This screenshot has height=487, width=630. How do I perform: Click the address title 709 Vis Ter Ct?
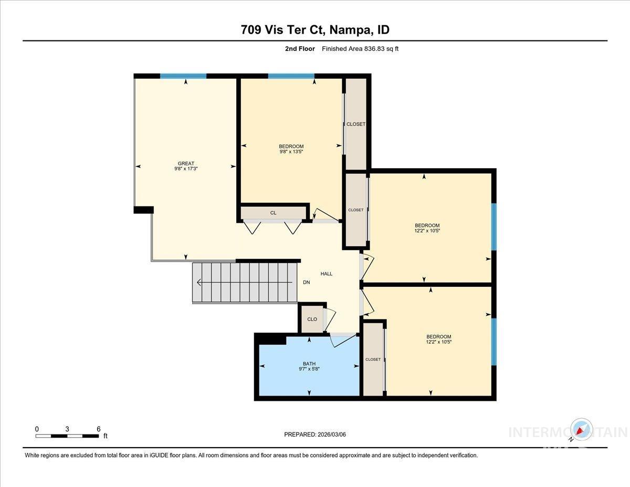[x=315, y=30]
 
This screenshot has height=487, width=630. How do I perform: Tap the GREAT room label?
[x=186, y=163]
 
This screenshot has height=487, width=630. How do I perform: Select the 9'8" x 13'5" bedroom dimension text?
[x=291, y=151]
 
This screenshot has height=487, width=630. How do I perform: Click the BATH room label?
[x=309, y=363]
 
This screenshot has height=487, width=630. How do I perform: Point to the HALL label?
[x=327, y=274]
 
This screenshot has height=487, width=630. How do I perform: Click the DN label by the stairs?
[x=307, y=283]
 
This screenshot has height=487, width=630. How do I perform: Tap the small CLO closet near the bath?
[x=312, y=319]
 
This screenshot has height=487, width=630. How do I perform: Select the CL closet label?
[x=273, y=213]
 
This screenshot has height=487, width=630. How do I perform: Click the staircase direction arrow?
[x=199, y=283]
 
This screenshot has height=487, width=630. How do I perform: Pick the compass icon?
[x=581, y=430]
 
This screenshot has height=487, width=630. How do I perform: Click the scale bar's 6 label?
[x=98, y=429]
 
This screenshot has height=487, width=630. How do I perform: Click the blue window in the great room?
[x=183, y=76]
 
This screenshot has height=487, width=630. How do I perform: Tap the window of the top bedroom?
[x=291, y=76]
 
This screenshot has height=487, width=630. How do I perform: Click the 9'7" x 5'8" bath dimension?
[x=309, y=369]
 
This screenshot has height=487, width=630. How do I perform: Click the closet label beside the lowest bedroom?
[x=373, y=359]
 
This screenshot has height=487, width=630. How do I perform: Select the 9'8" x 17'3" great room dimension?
[x=186, y=169]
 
